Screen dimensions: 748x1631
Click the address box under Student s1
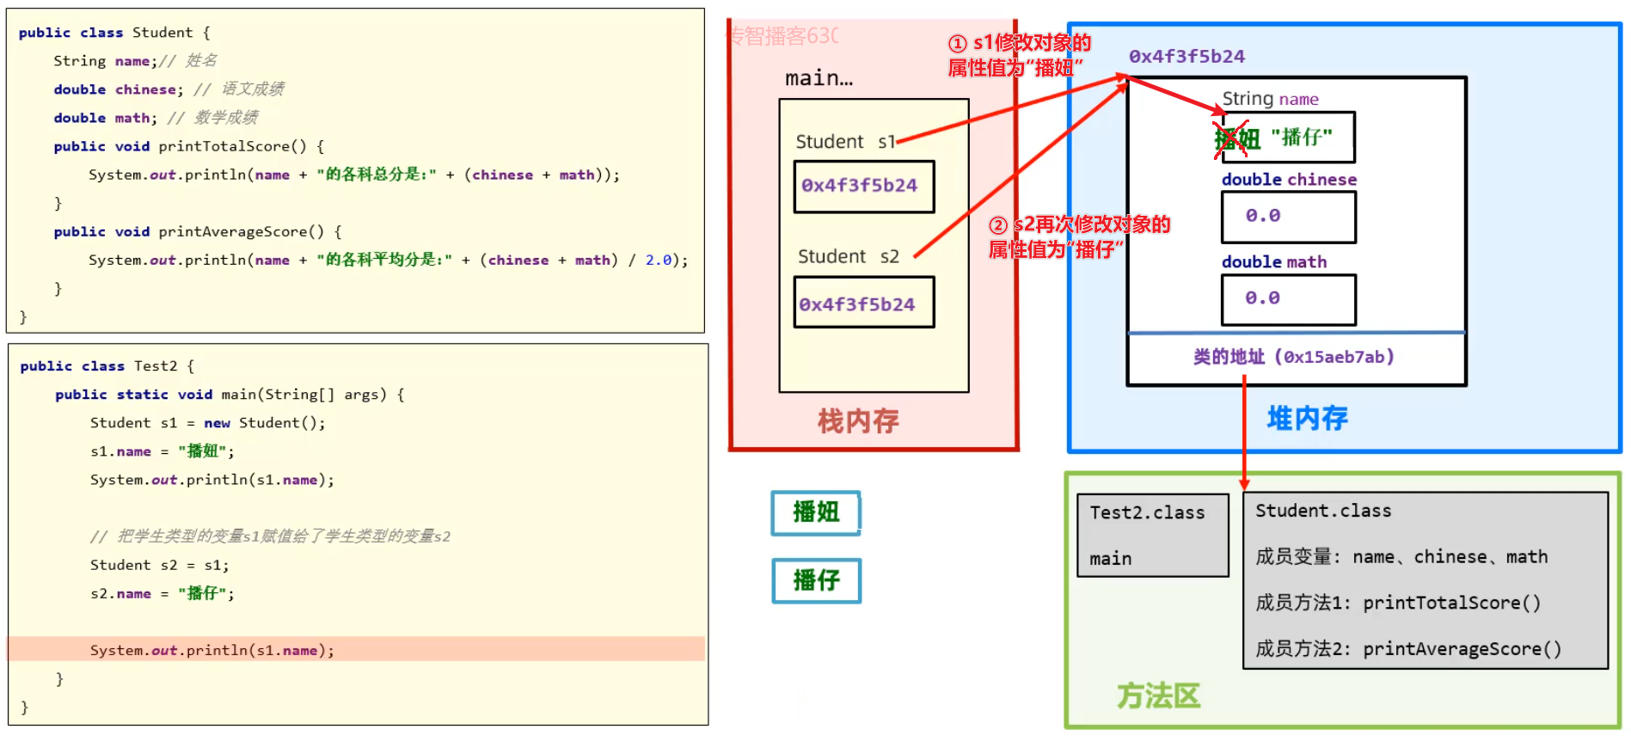click(863, 186)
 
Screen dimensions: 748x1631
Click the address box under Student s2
click(863, 303)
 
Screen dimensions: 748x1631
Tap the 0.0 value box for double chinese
click(1288, 216)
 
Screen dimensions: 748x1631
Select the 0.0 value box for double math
click(1288, 299)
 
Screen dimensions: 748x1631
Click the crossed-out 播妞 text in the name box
click(1236, 138)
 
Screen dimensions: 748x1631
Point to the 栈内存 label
click(857, 421)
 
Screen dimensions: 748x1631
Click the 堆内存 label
click(1307, 419)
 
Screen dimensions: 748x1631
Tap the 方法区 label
click(1157, 696)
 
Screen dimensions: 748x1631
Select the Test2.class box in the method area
click(1152, 534)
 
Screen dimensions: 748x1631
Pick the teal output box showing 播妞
click(816, 512)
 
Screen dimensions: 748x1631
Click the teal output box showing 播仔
click(816, 580)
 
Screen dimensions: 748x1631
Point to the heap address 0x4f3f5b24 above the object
click(1186, 57)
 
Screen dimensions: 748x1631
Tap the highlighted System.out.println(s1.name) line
click(212, 650)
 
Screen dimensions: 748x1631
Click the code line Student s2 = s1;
click(159, 565)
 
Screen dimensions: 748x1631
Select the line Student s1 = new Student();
click(207, 423)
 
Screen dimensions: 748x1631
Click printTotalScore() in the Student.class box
click(1451, 603)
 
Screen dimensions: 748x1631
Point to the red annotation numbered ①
click(1019, 55)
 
